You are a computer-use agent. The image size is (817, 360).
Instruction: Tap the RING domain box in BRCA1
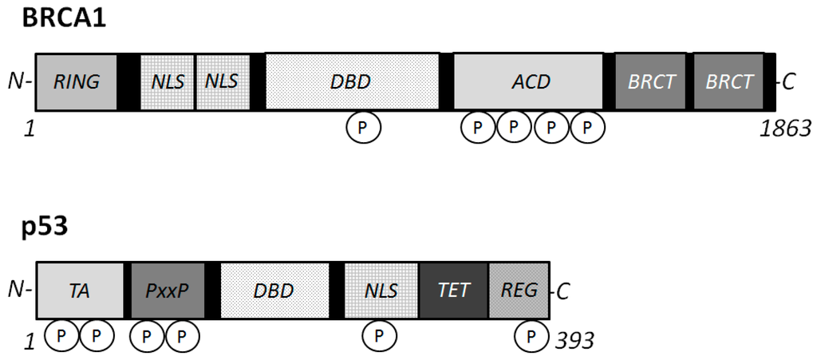click(x=76, y=81)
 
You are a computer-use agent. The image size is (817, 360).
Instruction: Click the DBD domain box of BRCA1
click(x=351, y=81)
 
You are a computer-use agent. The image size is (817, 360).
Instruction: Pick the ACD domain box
click(x=528, y=81)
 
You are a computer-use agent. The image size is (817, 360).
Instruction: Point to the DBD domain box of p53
click(x=274, y=291)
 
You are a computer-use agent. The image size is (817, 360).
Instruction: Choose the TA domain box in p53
click(x=80, y=291)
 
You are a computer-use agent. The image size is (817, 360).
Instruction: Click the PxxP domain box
click(x=168, y=291)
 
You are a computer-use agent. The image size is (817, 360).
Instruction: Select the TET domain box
click(x=453, y=291)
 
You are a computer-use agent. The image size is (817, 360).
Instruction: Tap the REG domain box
click(x=519, y=291)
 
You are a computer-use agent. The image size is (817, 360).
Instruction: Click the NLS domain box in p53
click(x=381, y=291)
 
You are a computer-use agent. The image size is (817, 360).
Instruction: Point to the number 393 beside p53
click(x=574, y=341)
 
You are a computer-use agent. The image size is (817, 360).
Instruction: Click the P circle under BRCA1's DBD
click(x=363, y=127)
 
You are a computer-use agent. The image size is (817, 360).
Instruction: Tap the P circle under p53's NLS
click(x=380, y=336)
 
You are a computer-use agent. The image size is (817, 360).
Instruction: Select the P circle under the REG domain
click(x=530, y=336)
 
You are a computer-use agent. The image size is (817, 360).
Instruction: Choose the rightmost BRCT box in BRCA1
click(x=729, y=81)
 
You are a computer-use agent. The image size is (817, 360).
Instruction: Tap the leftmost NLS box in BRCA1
click(x=168, y=81)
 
